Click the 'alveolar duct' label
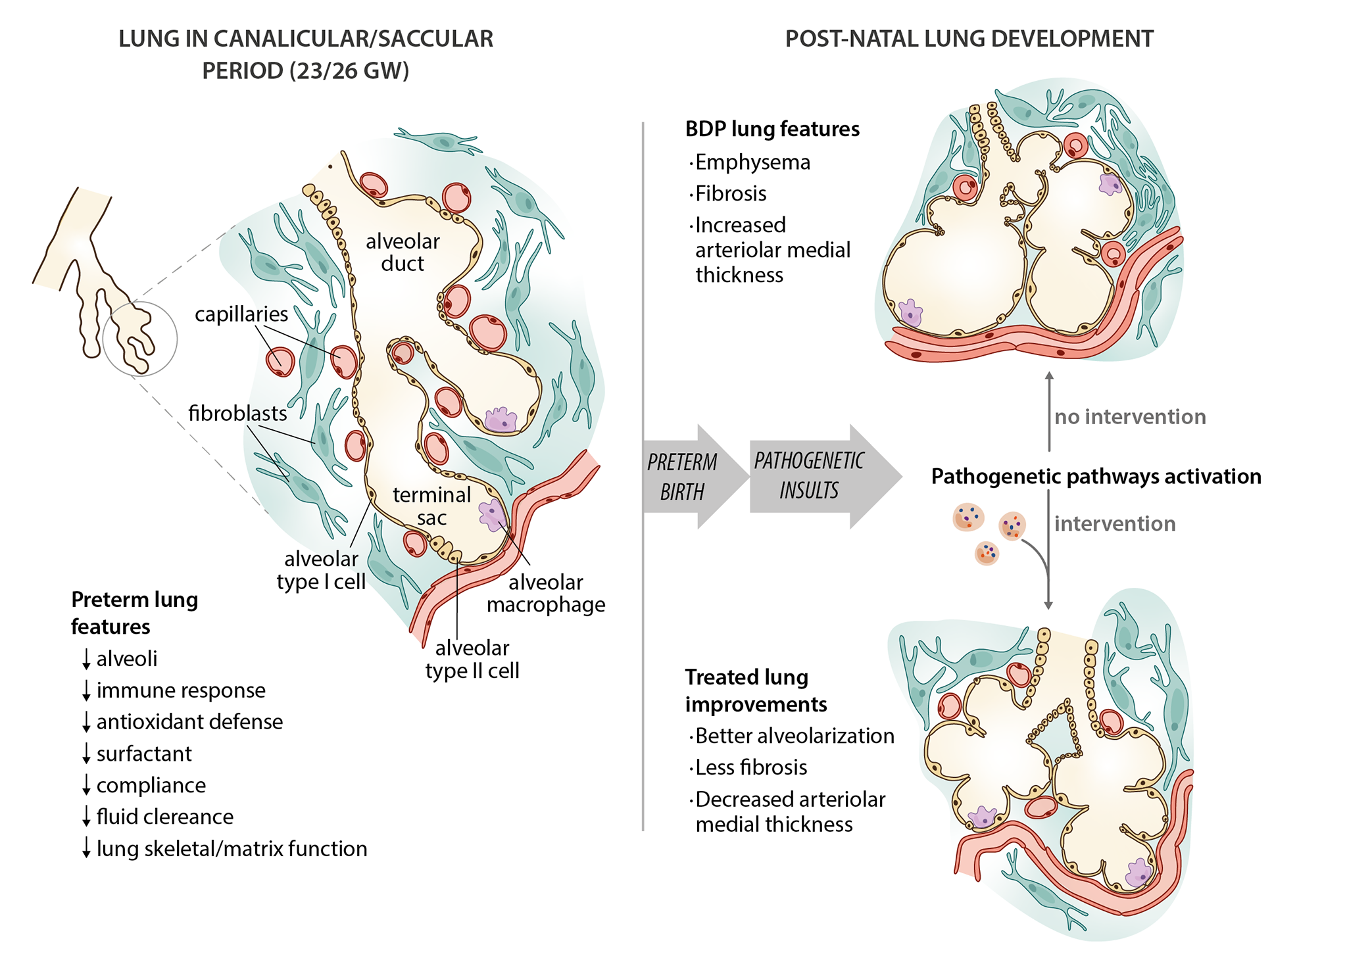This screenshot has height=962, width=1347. pos(403,253)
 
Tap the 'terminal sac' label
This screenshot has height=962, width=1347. pos(431,506)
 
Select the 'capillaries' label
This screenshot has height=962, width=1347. pos(241,314)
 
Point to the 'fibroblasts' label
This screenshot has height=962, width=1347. pos(237,413)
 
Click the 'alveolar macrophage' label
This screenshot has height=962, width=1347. pos(546,593)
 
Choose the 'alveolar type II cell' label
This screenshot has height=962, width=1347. pos(472,660)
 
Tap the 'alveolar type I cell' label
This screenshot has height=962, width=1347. pos(321,570)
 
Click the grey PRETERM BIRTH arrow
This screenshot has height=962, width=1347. pos(687,477)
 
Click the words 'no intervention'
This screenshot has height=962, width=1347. pos(1130,417)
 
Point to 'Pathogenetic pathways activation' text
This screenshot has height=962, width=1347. pos(1096,476)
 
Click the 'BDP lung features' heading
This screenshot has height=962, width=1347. pos(772,129)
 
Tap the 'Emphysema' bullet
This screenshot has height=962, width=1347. pos(752,162)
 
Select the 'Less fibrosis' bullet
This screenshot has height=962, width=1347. pos(751,767)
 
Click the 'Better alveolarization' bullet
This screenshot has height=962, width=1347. pos(795,736)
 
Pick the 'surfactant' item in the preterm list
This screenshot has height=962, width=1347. pos(144,754)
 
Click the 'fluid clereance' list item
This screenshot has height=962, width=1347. pos(164,817)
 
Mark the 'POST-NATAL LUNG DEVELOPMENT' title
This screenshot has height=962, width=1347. pos(969,39)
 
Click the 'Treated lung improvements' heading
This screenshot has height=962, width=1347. pos(756,690)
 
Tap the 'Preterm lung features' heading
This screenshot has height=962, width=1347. pos(134,613)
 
